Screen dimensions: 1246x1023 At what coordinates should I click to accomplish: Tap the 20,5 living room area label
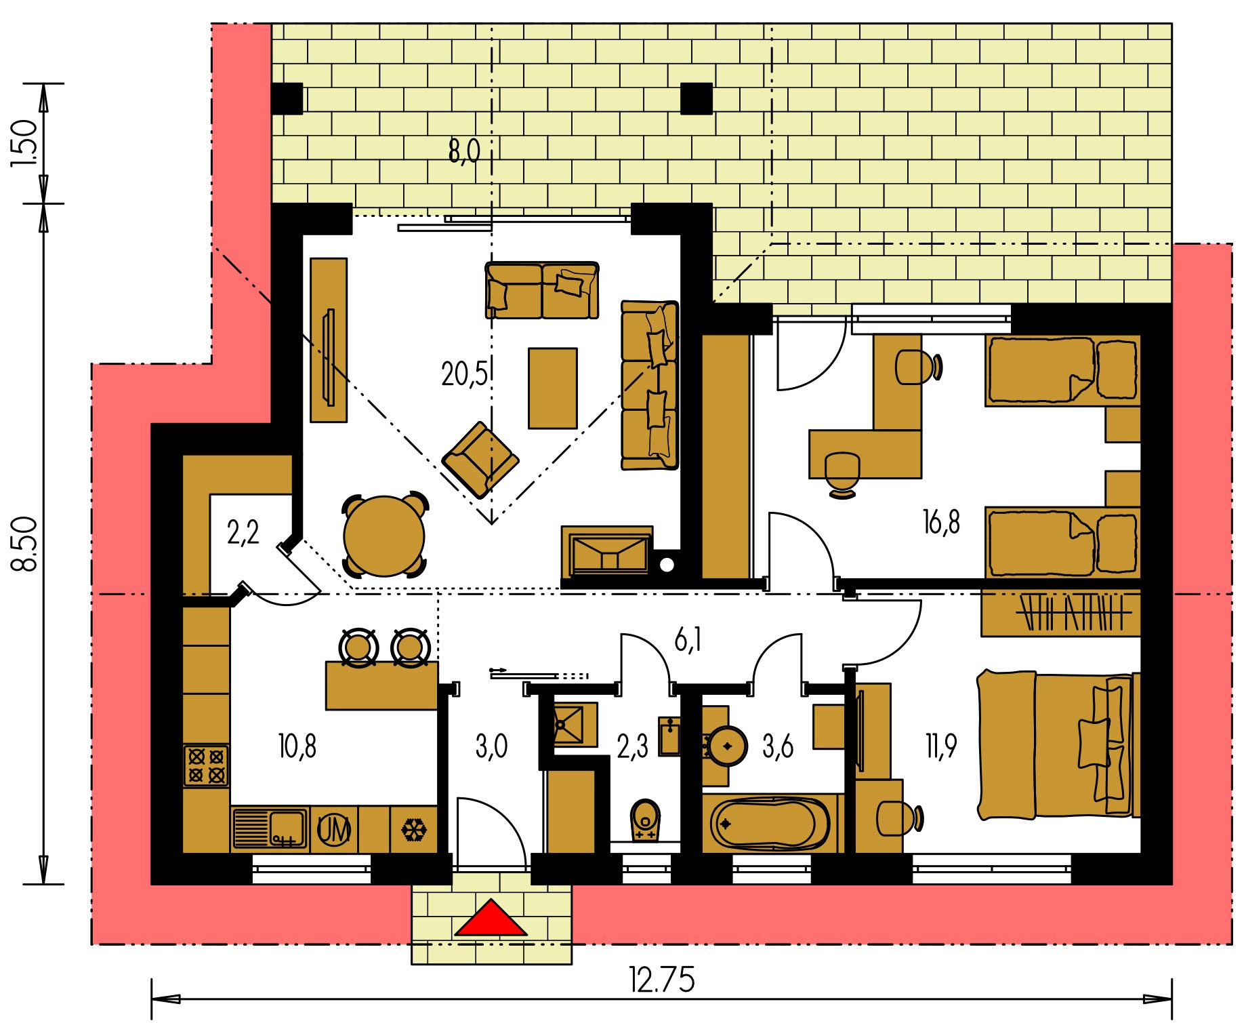[x=464, y=374]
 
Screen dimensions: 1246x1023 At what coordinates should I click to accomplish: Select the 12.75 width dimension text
[x=661, y=980]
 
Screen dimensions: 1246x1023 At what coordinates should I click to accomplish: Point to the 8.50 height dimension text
[x=25, y=544]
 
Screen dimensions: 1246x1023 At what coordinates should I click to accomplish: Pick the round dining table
[x=384, y=536]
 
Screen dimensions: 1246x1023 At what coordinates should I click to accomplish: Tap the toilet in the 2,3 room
[x=645, y=820]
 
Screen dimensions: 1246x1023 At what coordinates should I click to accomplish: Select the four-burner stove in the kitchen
[x=206, y=765]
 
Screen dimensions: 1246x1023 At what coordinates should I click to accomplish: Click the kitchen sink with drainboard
[x=270, y=828]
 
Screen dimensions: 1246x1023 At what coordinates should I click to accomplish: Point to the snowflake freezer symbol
[x=414, y=829]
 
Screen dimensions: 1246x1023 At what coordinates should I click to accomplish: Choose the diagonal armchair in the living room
[x=480, y=460]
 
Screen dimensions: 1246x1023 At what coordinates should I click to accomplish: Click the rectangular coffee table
[x=553, y=388]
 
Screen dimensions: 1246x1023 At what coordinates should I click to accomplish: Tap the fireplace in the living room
[x=607, y=552]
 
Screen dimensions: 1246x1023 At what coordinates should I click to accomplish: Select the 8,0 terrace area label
[x=464, y=151]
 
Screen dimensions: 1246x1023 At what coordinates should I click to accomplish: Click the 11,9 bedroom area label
[x=940, y=746]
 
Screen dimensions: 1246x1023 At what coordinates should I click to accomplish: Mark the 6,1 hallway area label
[x=688, y=639]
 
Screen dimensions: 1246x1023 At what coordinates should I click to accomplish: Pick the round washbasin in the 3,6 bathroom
[x=728, y=746]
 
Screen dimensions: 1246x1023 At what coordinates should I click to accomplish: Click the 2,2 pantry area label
[x=243, y=533]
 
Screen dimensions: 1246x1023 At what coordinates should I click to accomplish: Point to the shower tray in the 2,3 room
[x=575, y=724]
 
